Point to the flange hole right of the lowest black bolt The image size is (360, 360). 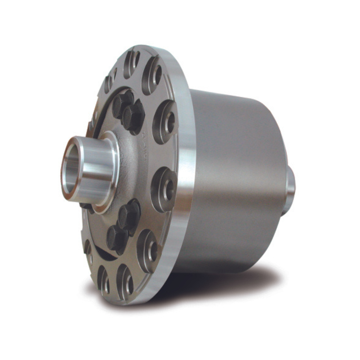[x=149, y=249]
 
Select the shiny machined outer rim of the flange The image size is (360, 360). [x=185, y=173]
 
